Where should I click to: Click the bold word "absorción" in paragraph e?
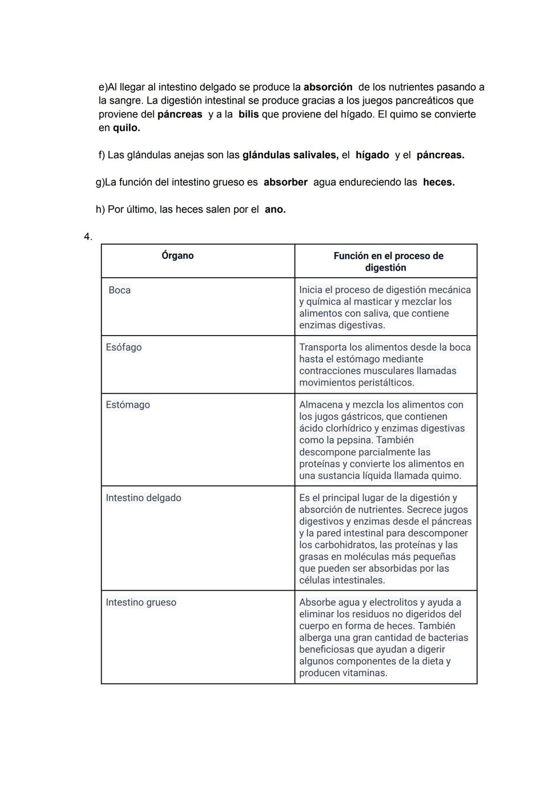tap(327, 87)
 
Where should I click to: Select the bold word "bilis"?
tap(249, 114)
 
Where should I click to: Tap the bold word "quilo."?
tap(126, 127)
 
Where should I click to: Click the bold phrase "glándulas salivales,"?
tap(290, 155)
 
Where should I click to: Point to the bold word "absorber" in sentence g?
tap(285, 182)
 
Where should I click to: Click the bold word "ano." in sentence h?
tap(275, 209)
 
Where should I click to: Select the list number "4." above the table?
tap(88, 237)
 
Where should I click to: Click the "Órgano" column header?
tap(177, 256)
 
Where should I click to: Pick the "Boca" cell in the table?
tap(120, 290)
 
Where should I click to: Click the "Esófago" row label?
tap(124, 347)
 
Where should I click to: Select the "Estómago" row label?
tap(128, 405)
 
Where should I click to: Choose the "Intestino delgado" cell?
tap(143, 498)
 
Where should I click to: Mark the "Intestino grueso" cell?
tap(141, 603)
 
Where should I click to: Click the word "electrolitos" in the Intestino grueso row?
tap(393, 602)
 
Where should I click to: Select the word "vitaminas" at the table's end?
tap(365, 673)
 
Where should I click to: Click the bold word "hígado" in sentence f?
tap(372, 155)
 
